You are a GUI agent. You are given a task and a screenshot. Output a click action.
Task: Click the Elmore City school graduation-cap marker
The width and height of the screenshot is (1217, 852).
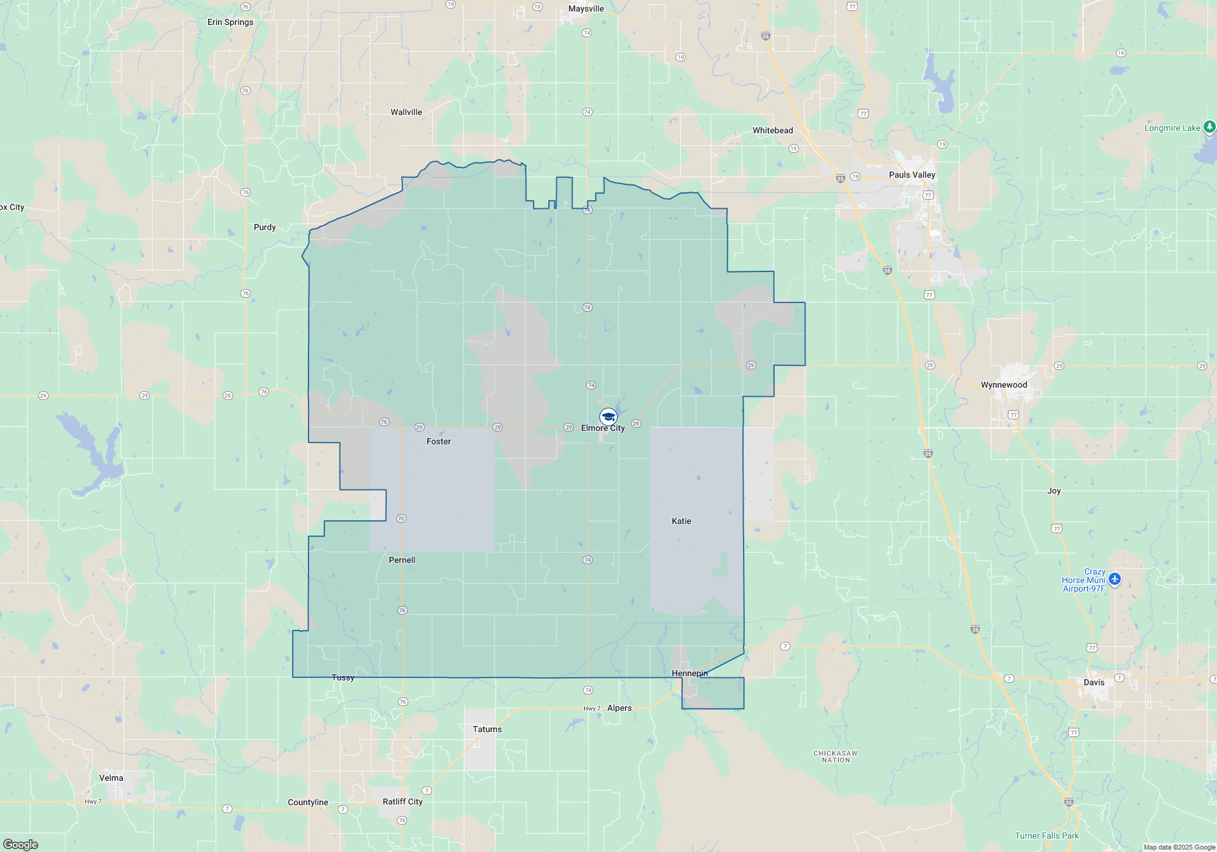(608, 416)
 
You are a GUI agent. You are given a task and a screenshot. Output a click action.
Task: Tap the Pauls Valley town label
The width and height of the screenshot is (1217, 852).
(912, 175)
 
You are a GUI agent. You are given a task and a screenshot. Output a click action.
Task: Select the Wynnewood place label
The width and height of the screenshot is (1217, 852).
(1003, 385)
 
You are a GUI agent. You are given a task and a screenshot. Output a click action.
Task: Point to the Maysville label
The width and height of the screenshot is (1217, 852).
(586, 9)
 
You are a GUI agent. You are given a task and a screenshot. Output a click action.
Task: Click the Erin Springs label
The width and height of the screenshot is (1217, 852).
(230, 22)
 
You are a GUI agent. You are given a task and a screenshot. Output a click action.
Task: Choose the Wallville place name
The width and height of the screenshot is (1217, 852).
(406, 112)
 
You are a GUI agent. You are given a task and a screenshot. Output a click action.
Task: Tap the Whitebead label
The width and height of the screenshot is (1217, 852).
(772, 130)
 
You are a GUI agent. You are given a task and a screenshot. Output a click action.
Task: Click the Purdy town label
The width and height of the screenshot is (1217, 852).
(265, 227)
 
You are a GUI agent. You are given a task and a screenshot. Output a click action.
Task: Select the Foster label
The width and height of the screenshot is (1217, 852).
(438, 441)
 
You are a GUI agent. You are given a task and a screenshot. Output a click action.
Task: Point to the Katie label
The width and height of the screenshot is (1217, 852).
(681, 521)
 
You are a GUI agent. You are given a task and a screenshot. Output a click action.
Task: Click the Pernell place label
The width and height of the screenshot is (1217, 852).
(402, 560)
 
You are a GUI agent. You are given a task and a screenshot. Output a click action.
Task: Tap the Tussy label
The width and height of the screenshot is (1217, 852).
(343, 677)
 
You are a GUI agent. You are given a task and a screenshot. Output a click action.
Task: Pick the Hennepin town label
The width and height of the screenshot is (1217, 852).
(689, 673)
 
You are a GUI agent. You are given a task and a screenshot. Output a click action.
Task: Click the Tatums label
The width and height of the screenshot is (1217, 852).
(487, 729)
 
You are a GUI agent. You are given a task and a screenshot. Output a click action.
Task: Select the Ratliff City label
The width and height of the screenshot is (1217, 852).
(402, 801)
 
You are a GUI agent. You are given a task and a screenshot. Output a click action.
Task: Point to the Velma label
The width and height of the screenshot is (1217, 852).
(111, 778)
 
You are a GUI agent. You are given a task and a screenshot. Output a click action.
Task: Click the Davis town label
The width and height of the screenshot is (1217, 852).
(1093, 682)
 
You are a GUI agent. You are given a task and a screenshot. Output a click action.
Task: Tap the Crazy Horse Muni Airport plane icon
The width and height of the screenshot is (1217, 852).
(1114, 579)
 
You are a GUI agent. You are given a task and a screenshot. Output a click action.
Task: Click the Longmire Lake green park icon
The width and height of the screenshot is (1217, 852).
(1209, 127)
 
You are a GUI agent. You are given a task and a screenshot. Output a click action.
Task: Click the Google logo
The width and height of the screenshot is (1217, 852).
(20, 844)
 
